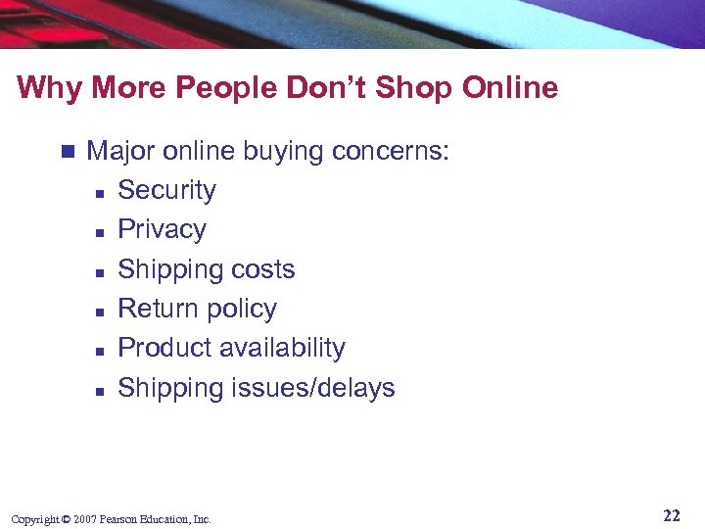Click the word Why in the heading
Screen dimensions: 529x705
[44, 88]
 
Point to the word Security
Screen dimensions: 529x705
[166, 190]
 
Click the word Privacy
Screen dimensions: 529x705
[162, 230]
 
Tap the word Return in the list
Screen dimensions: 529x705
[156, 309]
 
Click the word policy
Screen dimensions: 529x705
[238, 310]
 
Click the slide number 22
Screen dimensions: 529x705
[671, 515]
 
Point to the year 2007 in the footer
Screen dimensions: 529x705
[85, 519]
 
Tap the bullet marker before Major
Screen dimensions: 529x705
[66, 152]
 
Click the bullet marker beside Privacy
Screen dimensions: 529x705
[100, 231]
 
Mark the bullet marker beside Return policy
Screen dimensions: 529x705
[100, 311]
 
